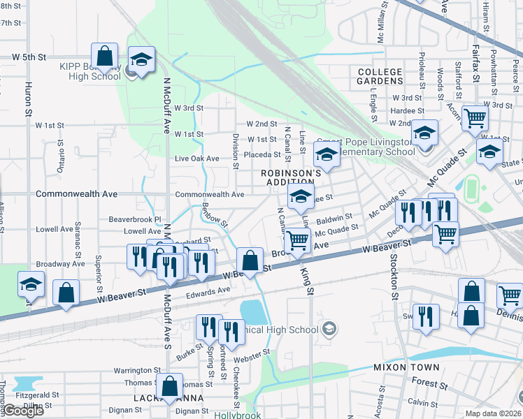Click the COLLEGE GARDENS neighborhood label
click(x=380, y=76)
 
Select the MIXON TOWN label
click(x=406, y=367)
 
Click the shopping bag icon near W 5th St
click(x=104, y=57)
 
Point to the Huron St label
click(x=29, y=101)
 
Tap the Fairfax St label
click(x=475, y=65)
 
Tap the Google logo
click(x=23, y=411)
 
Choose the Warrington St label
click(x=138, y=370)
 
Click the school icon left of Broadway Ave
click(x=31, y=286)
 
